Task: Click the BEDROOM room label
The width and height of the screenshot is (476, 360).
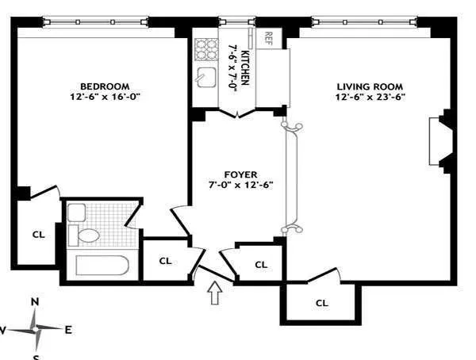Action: point(104,86)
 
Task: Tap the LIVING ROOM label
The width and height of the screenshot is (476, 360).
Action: point(369,86)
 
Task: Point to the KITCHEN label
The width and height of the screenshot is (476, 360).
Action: point(246,68)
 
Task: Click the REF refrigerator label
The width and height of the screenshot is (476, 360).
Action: point(268,37)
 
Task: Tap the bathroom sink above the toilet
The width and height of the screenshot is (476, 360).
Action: point(76,212)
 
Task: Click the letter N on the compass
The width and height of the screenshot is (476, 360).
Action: point(35,301)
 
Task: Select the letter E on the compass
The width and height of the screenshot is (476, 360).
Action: point(68,330)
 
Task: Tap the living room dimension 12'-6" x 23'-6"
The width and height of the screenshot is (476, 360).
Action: point(369,98)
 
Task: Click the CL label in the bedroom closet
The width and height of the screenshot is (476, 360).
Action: point(37,235)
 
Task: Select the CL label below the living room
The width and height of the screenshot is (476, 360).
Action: point(321,302)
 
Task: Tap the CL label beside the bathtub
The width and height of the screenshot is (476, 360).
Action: point(165,260)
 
